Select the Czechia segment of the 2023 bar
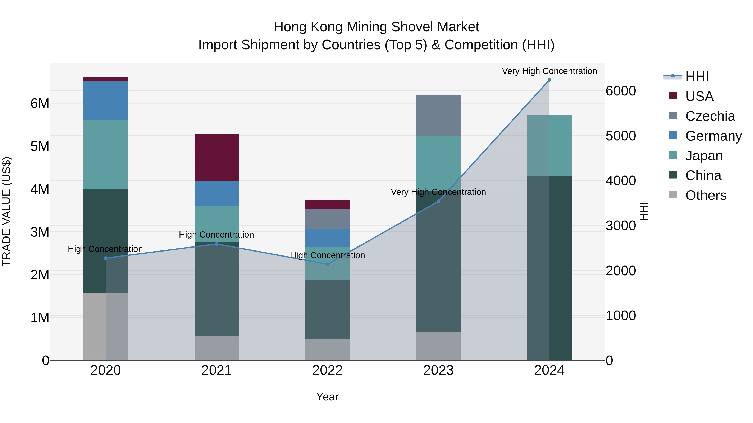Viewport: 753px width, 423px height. click(x=438, y=115)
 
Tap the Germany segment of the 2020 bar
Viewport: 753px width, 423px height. click(x=106, y=101)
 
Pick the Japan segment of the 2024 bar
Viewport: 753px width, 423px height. click(x=549, y=145)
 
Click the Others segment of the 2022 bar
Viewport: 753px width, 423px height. click(x=327, y=349)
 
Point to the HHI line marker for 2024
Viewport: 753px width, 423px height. click(x=549, y=80)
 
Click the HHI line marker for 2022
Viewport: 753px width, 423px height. click(x=327, y=264)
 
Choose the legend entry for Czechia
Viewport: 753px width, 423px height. click(x=710, y=116)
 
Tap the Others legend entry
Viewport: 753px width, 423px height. click(x=706, y=195)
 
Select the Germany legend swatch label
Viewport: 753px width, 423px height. click(x=713, y=136)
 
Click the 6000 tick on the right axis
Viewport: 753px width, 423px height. click(x=620, y=91)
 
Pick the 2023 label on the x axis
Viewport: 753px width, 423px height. click(x=438, y=370)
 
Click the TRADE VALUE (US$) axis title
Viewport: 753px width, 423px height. click(x=6, y=211)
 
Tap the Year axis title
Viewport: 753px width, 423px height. click(x=327, y=397)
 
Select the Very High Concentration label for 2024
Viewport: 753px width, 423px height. click(x=549, y=71)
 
